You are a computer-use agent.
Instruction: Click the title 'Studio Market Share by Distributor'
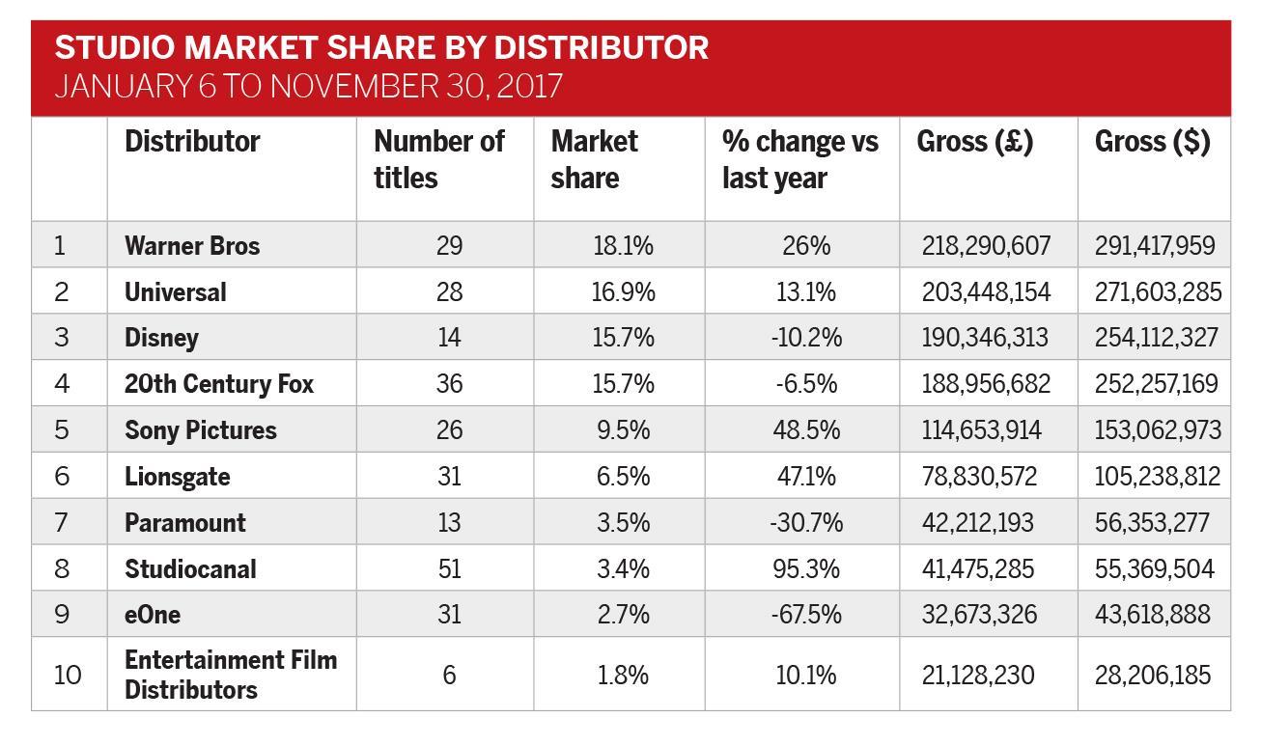[381, 48]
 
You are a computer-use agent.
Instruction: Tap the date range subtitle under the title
[308, 86]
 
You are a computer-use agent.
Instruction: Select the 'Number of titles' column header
[438, 159]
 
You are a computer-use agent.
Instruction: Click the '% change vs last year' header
[799, 159]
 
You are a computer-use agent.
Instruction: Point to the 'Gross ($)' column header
[1152, 142]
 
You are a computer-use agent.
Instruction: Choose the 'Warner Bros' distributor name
[192, 245]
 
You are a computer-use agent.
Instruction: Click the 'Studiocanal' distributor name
[190, 568]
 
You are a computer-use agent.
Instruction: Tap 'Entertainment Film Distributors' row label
[231, 675]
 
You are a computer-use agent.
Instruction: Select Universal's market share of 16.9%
[623, 291]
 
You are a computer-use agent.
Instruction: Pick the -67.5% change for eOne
[806, 615]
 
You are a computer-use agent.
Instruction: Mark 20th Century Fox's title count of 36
[449, 384]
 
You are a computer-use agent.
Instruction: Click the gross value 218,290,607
[986, 245]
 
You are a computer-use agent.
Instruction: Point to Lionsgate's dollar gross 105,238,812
[1157, 476]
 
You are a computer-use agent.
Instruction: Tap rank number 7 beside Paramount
[61, 522]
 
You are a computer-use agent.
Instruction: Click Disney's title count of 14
[449, 338]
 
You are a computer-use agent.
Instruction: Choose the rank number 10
[68, 675]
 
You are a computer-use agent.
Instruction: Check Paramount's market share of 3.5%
[623, 522]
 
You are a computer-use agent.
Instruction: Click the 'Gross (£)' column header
[974, 142]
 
